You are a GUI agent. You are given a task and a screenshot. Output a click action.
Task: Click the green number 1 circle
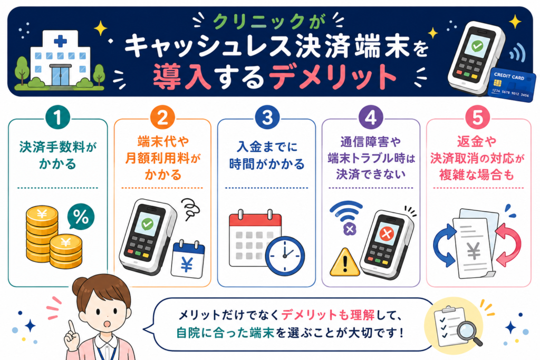point(57,118)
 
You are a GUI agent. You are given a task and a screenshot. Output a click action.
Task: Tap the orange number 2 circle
point(162,118)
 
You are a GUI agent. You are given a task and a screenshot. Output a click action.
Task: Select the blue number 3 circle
point(267,118)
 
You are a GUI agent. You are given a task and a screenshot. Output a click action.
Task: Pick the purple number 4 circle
point(371,118)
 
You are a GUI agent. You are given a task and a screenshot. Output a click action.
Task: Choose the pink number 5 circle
point(478,118)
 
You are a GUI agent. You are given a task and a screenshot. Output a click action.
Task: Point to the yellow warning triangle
point(345,264)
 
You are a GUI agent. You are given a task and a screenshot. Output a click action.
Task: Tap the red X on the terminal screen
point(387,234)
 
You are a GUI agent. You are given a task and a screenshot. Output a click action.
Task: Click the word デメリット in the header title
point(333,77)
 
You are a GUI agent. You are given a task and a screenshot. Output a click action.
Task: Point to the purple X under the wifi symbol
point(350,229)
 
